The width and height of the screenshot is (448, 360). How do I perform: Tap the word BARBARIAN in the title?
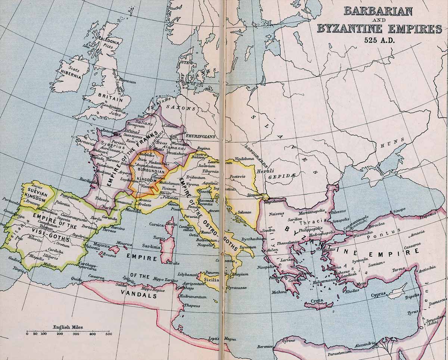pyautogui.click(x=378, y=11)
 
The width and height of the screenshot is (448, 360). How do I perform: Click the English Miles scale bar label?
pyautogui.click(x=68, y=327)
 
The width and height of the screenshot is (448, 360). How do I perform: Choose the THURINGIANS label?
pyautogui.click(x=200, y=137)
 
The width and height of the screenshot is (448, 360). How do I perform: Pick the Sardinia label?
pyautogui.click(x=151, y=247)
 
